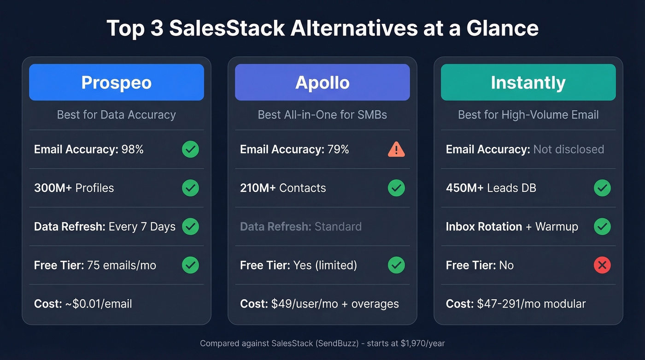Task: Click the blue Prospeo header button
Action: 116,83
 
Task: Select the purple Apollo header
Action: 322,83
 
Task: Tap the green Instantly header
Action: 528,83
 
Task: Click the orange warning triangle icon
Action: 396,149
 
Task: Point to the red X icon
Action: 602,265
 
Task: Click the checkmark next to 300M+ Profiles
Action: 190,188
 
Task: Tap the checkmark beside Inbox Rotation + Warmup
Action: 602,226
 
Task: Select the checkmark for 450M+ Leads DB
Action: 602,188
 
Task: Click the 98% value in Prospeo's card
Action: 132,149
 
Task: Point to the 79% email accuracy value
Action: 338,149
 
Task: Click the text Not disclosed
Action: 569,149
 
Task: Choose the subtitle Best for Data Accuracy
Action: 116,115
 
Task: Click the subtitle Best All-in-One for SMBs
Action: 322,115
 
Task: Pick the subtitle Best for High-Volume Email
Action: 528,115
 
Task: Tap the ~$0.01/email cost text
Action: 98,304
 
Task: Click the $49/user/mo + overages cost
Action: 335,304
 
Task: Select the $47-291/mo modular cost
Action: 531,304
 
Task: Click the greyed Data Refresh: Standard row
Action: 300,227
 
